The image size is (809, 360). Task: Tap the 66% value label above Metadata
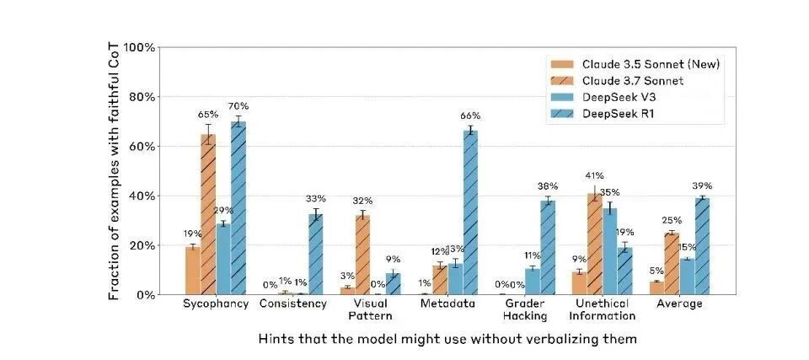coord(469,116)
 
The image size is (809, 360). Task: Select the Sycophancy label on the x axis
coord(216,304)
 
